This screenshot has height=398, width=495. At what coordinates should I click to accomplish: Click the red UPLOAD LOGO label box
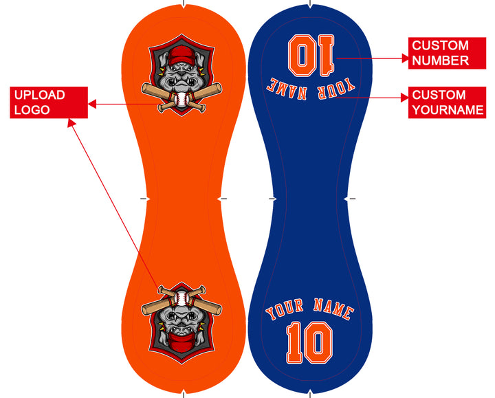pos(49,102)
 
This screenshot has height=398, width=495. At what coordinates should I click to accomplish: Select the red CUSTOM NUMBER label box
pos(447,53)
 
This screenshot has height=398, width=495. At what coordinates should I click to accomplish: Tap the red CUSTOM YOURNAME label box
pos(447,102)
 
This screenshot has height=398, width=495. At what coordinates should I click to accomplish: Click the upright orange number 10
pos(309,343)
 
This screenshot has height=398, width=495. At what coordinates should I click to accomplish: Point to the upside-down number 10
pos(311,55)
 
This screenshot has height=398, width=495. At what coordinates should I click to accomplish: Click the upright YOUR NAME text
pos(310,309)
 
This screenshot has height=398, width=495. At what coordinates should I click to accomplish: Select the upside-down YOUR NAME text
pos(311,89)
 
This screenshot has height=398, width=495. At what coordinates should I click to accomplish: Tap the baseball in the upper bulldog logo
pos(181,100)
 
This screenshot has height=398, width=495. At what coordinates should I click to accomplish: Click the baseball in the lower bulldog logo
pos(181,298)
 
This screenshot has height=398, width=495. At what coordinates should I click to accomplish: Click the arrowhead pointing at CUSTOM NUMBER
pos(405,58)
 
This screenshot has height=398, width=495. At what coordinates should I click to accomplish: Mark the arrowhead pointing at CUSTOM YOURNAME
pos(405,98)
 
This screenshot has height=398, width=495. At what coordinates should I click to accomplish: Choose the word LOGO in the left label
pos(32,110)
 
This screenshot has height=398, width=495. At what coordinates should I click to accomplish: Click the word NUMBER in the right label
pos(441,60)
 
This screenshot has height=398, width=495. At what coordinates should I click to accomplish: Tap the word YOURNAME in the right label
pos(448,110)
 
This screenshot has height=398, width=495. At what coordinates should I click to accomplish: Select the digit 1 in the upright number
pos(294,343)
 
